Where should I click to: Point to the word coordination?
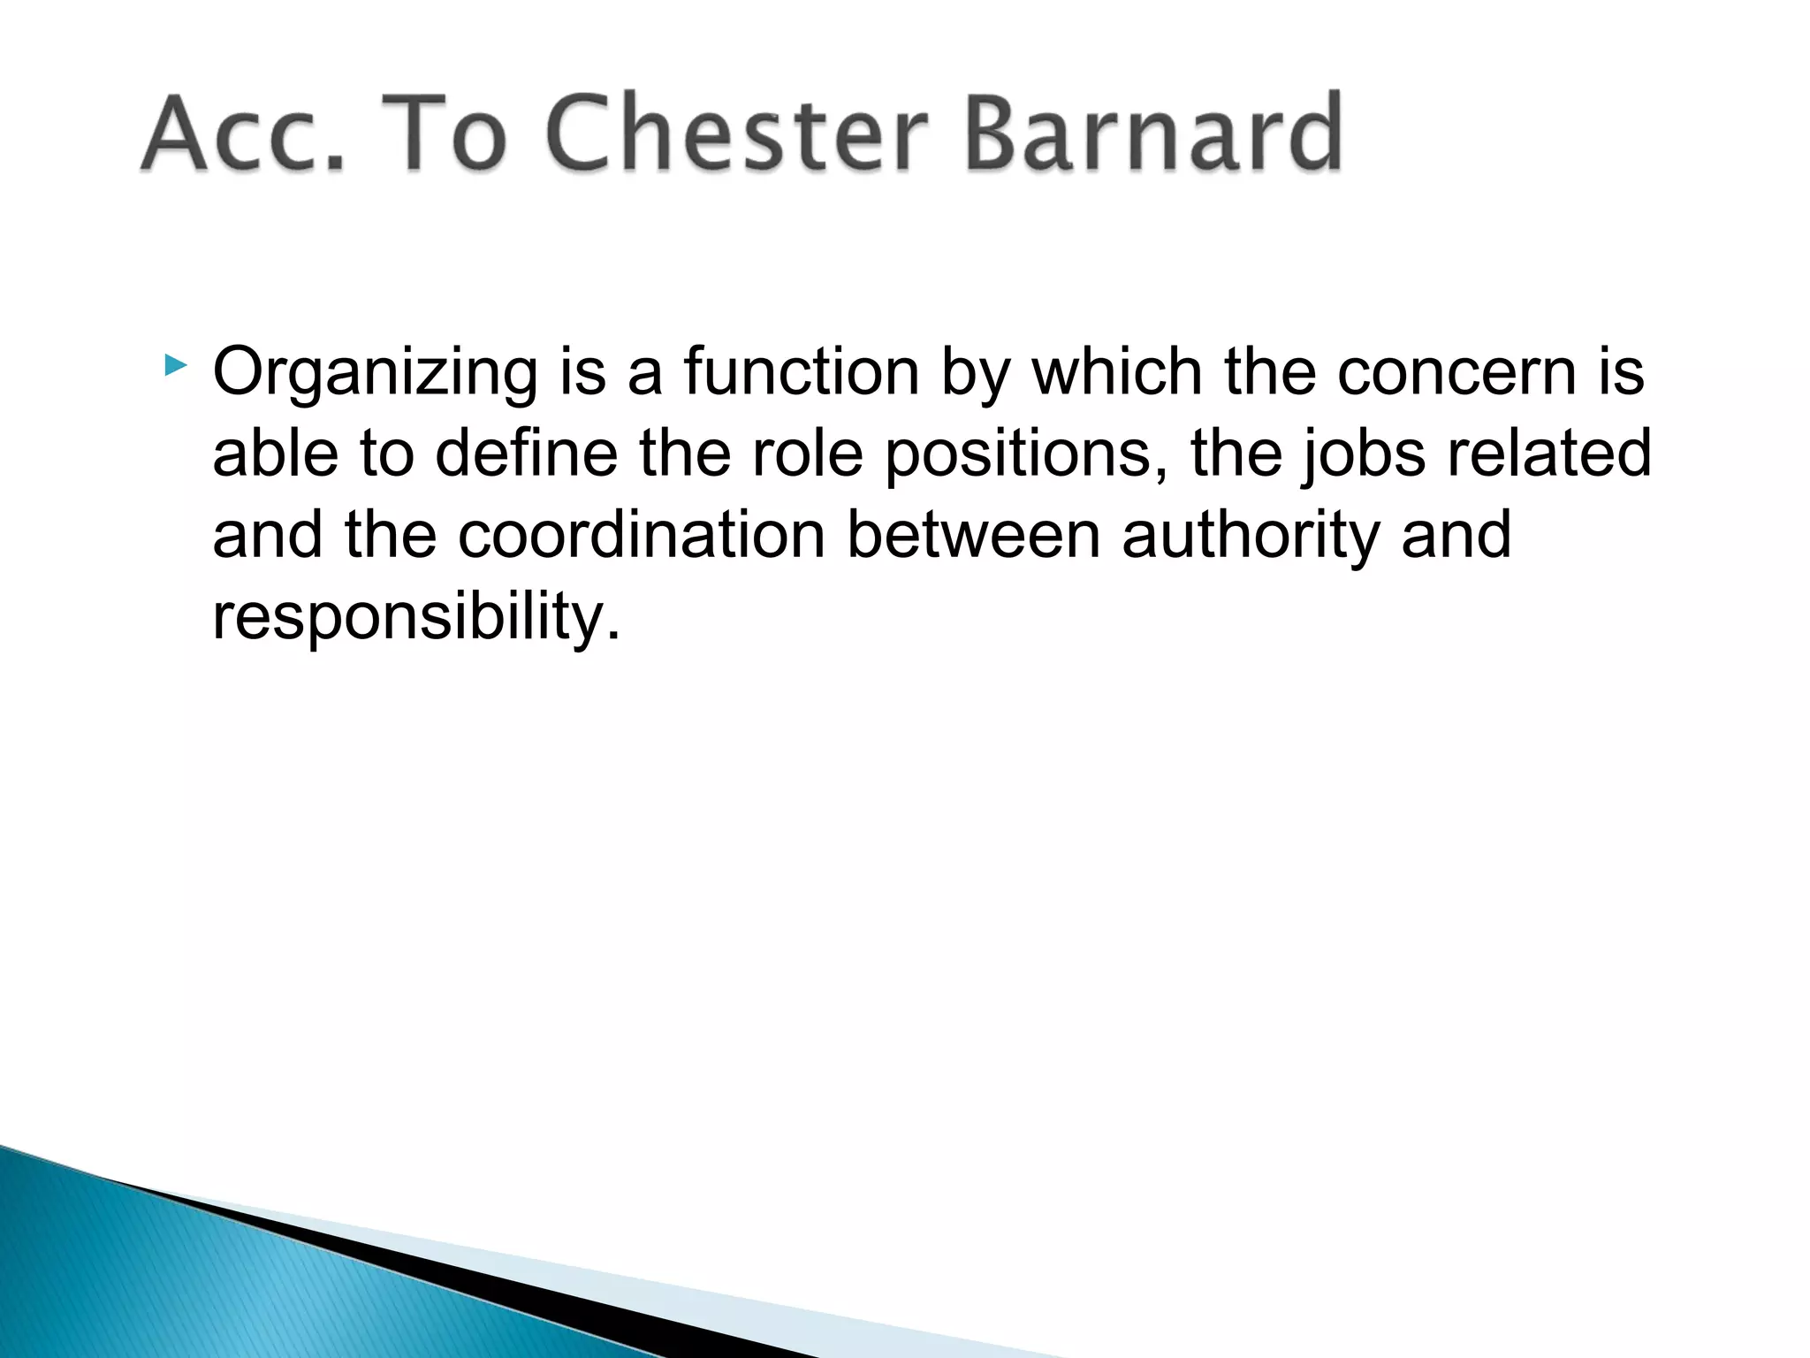pyautogui.click(x=641, y=535)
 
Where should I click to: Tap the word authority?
pyautogui.click(x=1250, y=537)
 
